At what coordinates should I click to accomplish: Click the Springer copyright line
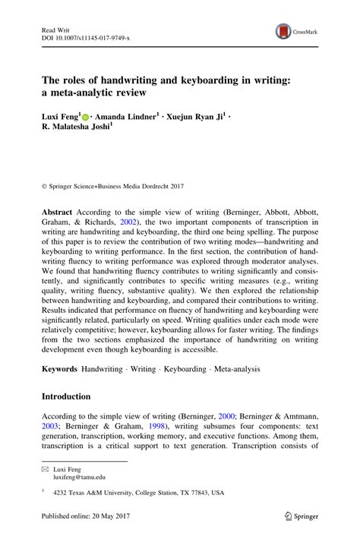pyautogui.click(x=111, y=164)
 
